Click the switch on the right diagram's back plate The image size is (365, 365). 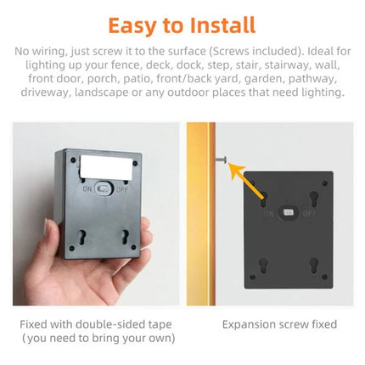pos(289,213)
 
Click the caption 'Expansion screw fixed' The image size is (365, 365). pos(279,324)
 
